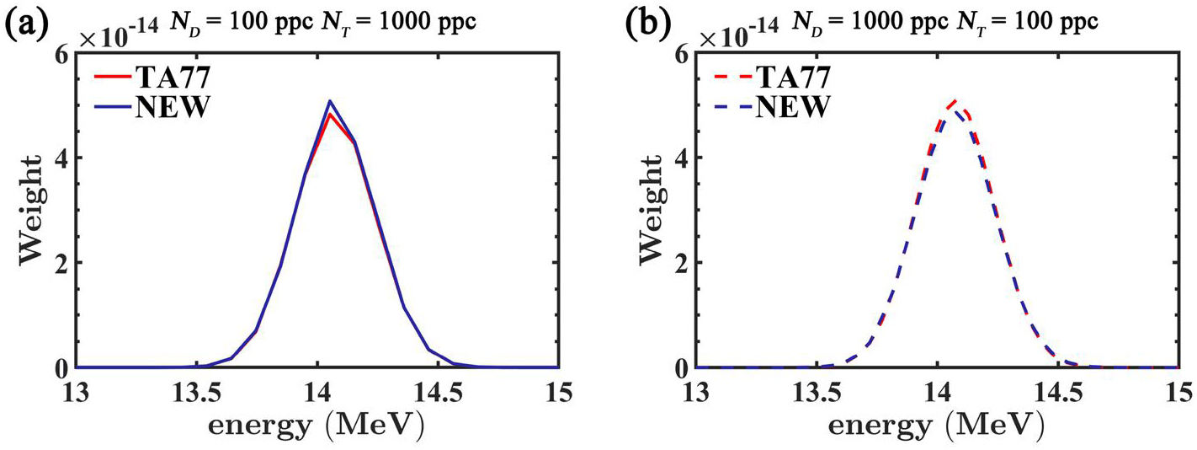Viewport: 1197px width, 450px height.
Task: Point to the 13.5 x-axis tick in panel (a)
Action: pos(197,394)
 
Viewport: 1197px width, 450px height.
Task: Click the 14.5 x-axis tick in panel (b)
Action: pos(1057,394)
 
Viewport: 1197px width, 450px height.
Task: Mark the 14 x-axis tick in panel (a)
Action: pos(317,394)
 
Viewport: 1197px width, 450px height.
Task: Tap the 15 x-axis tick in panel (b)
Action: pos(1178,394)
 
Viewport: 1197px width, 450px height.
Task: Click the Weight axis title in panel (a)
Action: pos(30,210)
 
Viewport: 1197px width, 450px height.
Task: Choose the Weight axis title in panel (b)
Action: pos(651,210)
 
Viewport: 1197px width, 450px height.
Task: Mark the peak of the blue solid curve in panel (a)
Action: pos(330,100)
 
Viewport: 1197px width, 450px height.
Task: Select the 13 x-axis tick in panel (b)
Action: pos(696,394)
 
